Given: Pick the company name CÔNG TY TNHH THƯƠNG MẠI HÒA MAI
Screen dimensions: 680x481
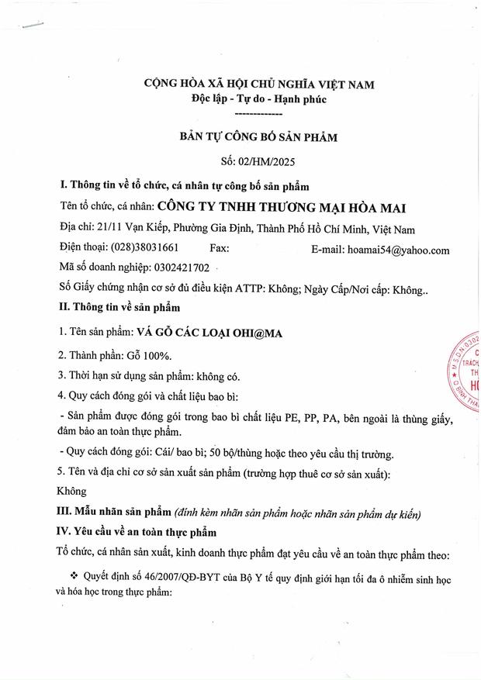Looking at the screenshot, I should (282, 207).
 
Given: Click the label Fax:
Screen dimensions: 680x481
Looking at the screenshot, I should (220, 250).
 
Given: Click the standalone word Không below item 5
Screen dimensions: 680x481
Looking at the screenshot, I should (73, 491).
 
